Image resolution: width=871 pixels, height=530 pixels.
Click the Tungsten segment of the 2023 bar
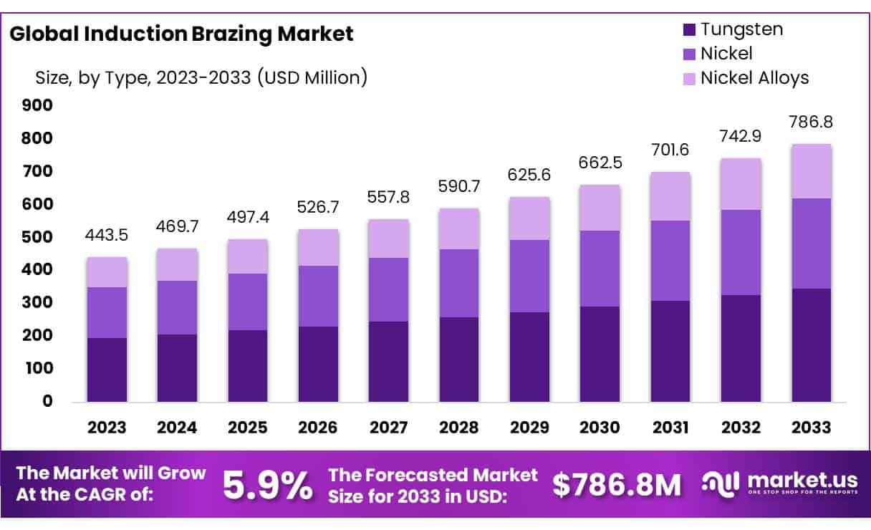[107, 370]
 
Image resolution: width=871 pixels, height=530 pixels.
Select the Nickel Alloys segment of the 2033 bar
[812, 171]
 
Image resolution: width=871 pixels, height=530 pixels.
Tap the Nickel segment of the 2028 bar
[459, 284]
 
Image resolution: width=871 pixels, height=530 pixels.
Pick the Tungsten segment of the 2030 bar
[600, 354]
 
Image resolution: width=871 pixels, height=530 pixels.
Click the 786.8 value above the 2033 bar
[812, 122]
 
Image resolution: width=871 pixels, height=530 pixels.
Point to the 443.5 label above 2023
[107, 236]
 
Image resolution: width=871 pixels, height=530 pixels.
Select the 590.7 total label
[459, 187]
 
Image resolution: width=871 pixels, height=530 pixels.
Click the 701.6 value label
[670, 150]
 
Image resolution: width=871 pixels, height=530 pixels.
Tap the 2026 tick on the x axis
[318, 428]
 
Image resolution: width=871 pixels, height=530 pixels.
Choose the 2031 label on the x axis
[670, 428]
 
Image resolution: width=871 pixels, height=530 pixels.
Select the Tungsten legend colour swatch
[689, 29]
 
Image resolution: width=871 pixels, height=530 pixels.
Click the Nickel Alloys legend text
[754, 77]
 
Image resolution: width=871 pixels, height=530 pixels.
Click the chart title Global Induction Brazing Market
[181, 34]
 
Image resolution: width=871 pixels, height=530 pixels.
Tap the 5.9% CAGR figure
[266, 485]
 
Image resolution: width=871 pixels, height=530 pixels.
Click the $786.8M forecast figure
[616, 486]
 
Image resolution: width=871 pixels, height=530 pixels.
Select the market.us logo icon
[719, 484]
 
